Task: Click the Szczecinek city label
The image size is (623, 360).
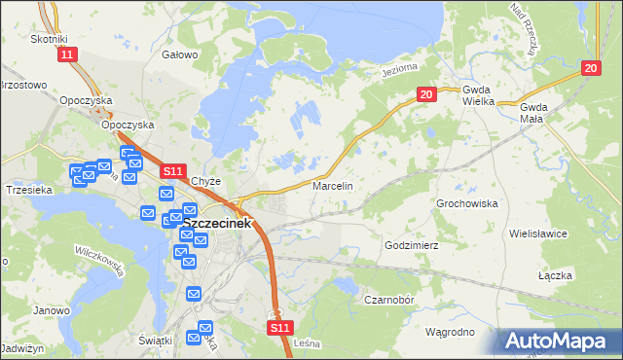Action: (x=217, y=223)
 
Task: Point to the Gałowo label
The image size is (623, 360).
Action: (x=180, y=55)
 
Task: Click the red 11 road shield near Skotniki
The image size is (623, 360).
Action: (x=65, y=55)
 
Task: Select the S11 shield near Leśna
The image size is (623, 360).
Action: (x=279, y=329)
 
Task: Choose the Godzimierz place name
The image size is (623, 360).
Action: (x=414, y=246)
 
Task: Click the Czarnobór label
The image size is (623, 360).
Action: (x=390, y=300)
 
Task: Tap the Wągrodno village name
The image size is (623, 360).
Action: (x=450, y=332)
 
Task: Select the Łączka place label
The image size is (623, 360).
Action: (x=555, y=276)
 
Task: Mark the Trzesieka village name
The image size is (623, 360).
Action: (x=28, y=190)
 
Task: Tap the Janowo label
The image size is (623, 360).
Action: (x=52, y=311)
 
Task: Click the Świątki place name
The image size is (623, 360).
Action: (x=156, y=340)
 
